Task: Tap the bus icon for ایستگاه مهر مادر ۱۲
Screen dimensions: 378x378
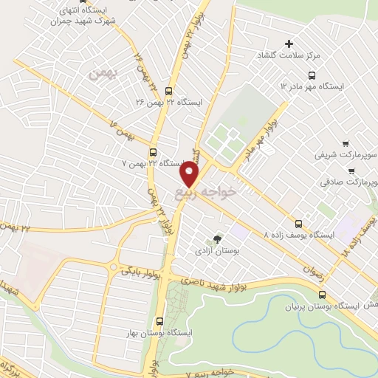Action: pyautogui.click(x=312, y=75)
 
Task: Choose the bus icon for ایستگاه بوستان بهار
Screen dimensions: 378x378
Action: pyautogui.click(x=160, y=320)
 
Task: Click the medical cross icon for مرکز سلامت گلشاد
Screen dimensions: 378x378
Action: pyautogui.click(x=289, y=44)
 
